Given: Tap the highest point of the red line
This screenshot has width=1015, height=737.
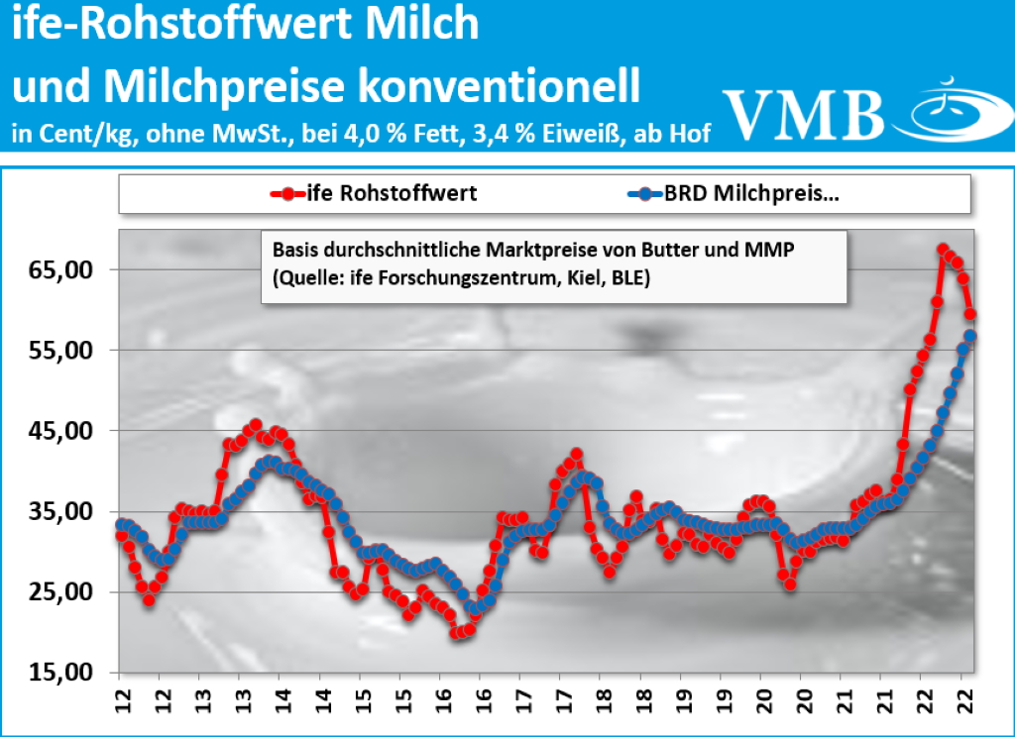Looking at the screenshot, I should [x=943, y=250].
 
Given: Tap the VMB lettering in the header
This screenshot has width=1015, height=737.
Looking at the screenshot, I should [x=803, y=112].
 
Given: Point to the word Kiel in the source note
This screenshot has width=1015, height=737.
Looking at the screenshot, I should [x=564, y=279].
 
